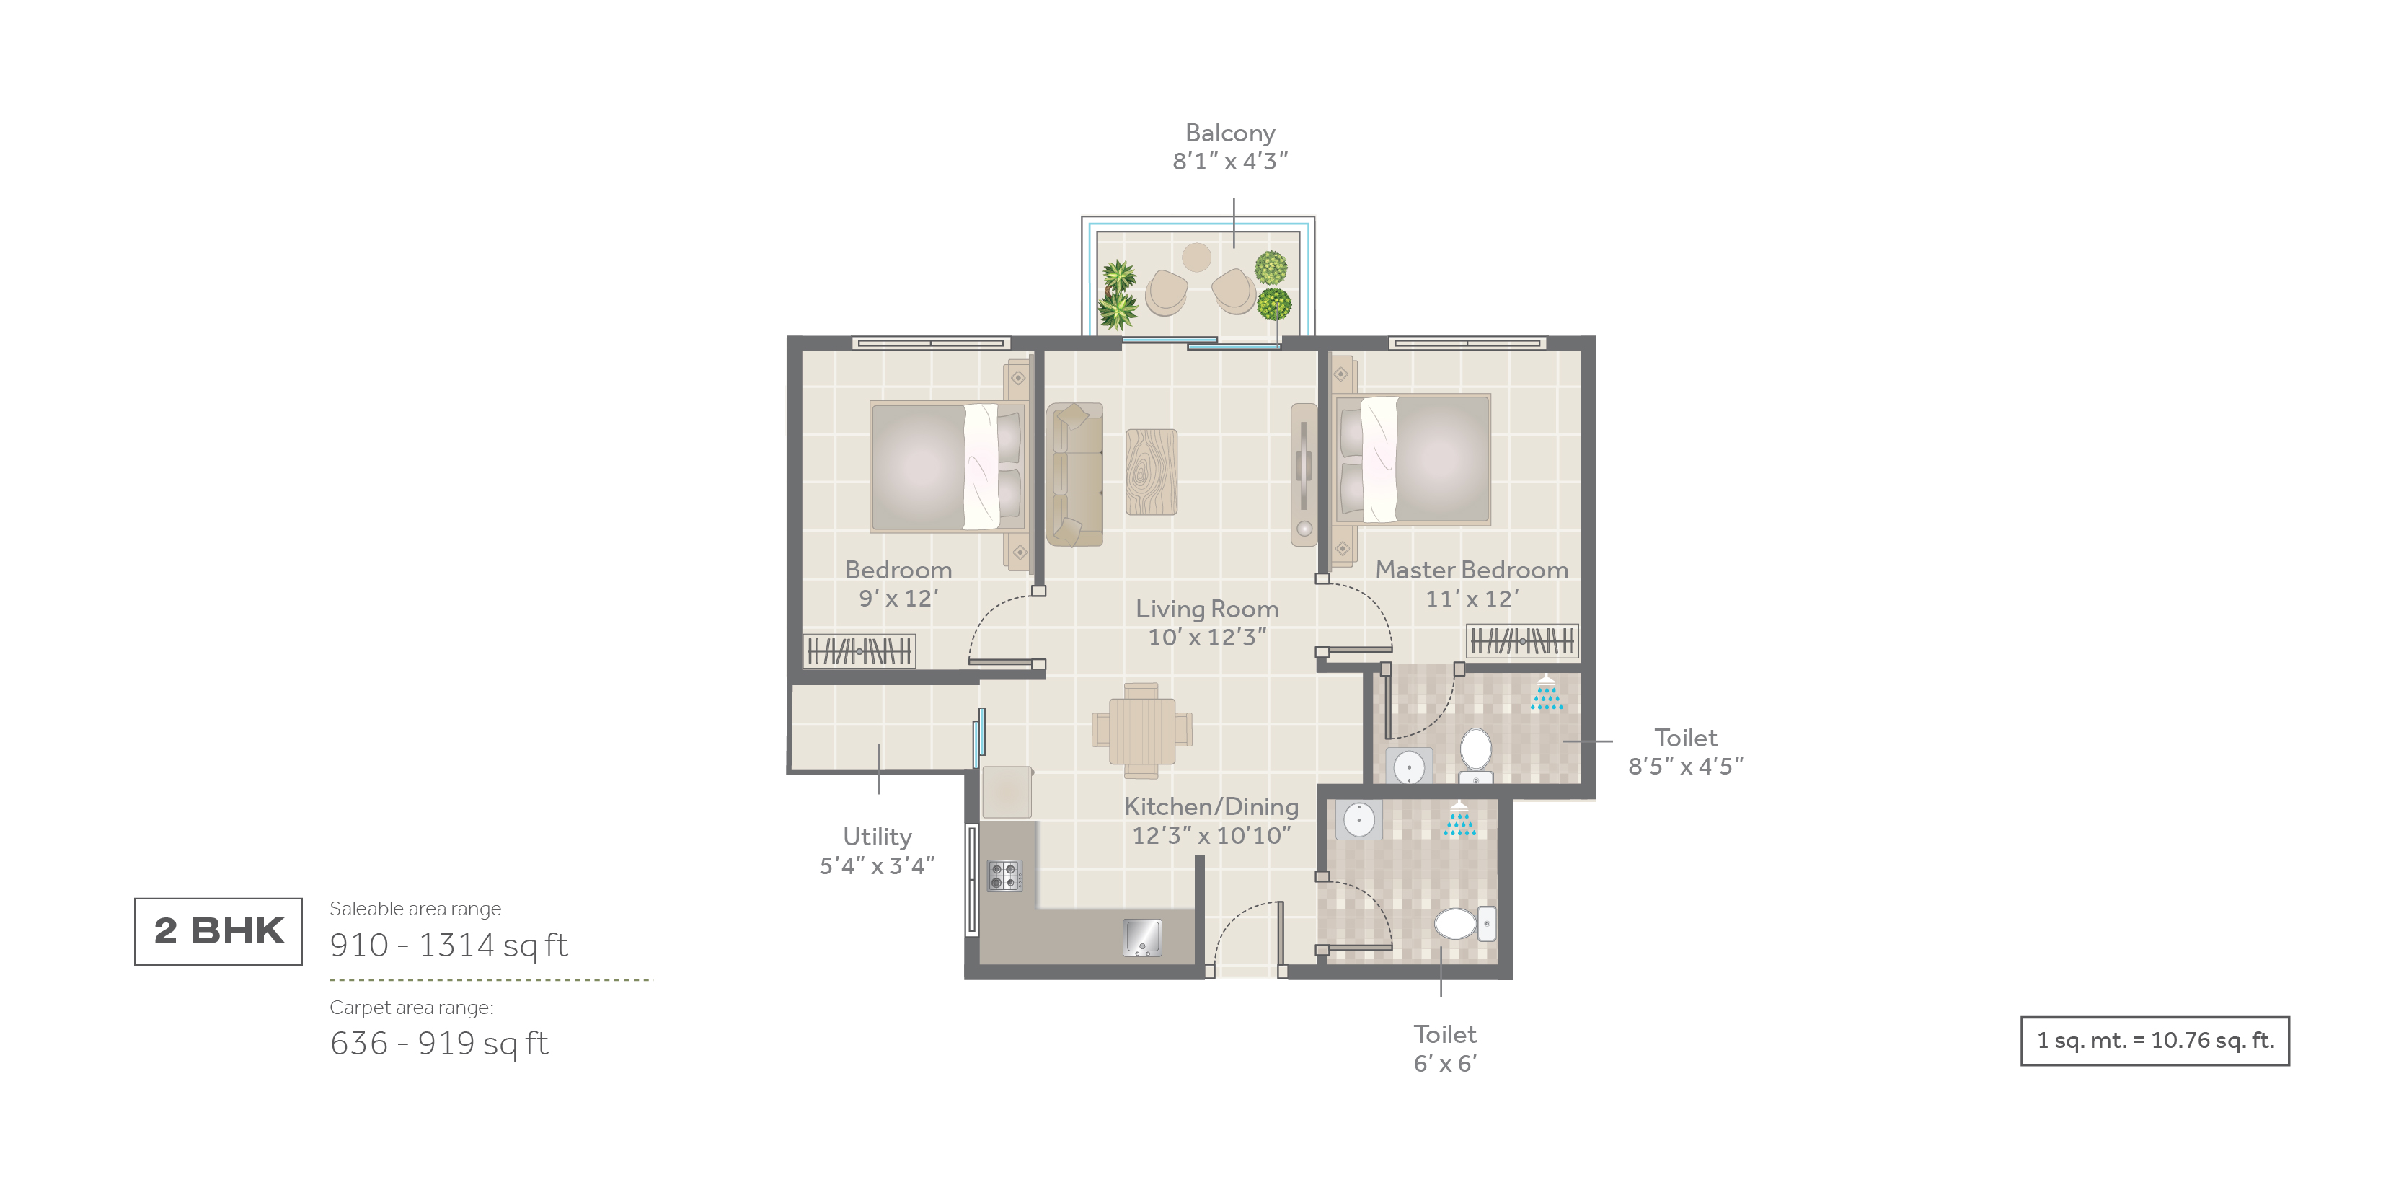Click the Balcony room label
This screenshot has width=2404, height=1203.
pyautogui.click(x=1230, y=133)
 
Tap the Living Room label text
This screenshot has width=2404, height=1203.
pyautogui.click(x=1206, y=609)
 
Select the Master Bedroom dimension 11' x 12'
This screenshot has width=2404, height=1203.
pyautogui.click(x=1472, y=599)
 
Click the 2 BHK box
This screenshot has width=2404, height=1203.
pyautogui.click(x=218, y=931)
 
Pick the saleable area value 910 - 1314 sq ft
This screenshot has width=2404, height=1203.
pyautogui.click(x=449, y=946)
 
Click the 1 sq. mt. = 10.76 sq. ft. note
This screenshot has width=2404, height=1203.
pyautogui.click(x=2155, y=1041)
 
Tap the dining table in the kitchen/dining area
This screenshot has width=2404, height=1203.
pyautogui.click(x=1142, y=731)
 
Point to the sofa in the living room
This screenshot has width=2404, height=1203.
pyautogui.click(x=1074, y=474)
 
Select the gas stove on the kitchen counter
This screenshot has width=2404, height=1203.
pyautogui.click(x=1005, y=876)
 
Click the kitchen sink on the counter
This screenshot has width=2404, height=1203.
pyautogui.click(x=1142, y=938)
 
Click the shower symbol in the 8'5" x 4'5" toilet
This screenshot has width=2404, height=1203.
pyautogui.click(x=1547, y=692)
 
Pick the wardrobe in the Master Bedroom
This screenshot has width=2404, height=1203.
pyautogui.click(x=1523, y=641)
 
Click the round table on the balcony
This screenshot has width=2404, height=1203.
pyautogui.click(x=1196, y=257)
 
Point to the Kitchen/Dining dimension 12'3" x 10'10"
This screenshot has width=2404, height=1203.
pyautogui.click(x=1211, y=835)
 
